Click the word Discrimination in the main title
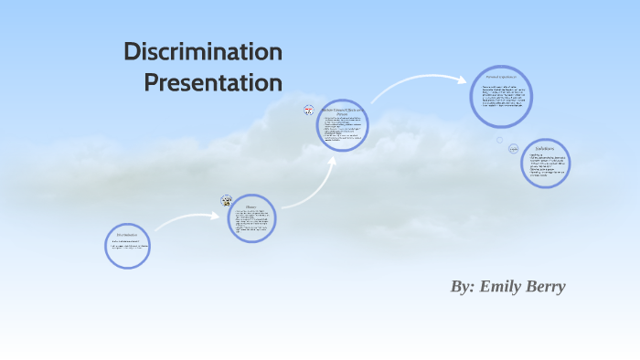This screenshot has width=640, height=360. pyautogui.click(x=203, y=52)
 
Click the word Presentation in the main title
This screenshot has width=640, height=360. pyautogui.click(x=213, y=83)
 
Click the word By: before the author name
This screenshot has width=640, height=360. pyautogui.click(x=462, y=286)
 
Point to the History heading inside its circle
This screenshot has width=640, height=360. pyautogui.click(x=251, y=206)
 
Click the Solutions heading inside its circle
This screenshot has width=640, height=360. pyautogui.click(x=546, y=148)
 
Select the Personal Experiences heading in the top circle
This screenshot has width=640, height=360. pyautogui.click(x=501, y=77)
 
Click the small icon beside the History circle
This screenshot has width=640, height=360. pyautogui.click(x=226, y=200)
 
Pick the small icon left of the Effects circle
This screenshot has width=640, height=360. pyautogui.click(x=309, y=111)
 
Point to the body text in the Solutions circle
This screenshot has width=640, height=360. pyautogui.click(x=546, y=166)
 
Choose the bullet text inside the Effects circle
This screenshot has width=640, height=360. pyautogui.click(x=342, y=130)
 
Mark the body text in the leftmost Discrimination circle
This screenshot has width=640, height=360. pyautogui.click(x=127, y=247)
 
